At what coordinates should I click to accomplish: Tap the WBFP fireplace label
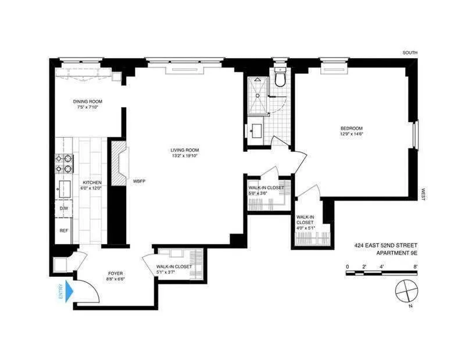138,181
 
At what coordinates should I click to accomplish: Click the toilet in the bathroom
280,77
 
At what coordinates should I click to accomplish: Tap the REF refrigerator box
64,231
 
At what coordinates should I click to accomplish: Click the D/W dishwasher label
64,208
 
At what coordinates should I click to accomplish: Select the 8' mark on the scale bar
416,266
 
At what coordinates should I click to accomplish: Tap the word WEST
423,195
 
